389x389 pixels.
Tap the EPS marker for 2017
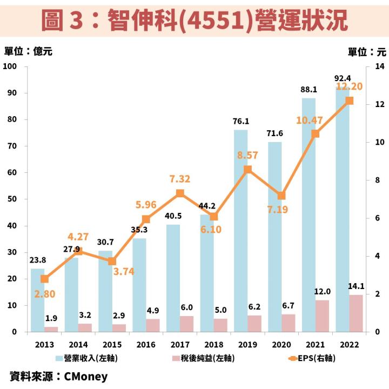point(180,193)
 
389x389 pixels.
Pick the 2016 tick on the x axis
point(146,345)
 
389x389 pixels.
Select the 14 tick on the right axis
point(379,66)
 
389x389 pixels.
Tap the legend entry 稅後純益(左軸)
point(203,358)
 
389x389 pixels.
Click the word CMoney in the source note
point(86,376)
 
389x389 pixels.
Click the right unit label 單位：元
point(367,52)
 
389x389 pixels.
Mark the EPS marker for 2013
point(45,279)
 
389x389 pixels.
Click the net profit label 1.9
point(51,318)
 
